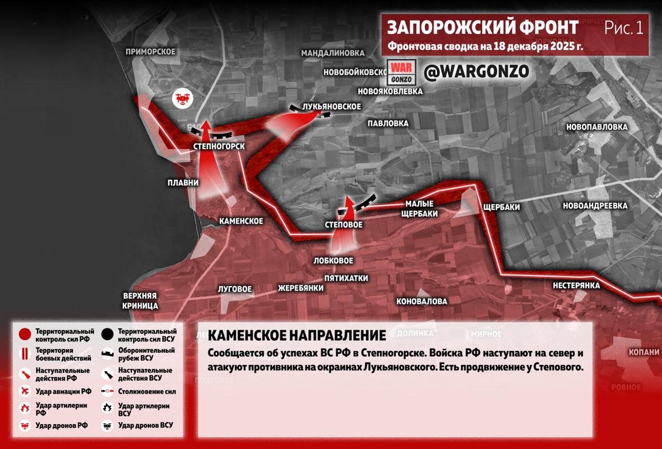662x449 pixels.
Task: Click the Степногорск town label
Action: [218, 146]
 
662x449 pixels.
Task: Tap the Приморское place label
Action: [150, 51]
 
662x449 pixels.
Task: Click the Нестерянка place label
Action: [576, 286]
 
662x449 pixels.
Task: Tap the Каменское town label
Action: [241, 221]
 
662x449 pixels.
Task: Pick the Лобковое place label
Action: [333, 260]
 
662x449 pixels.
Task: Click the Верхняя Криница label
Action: [141, 300]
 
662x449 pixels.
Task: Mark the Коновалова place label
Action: [421, 302]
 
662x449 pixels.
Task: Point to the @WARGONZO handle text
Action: [477, 71]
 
